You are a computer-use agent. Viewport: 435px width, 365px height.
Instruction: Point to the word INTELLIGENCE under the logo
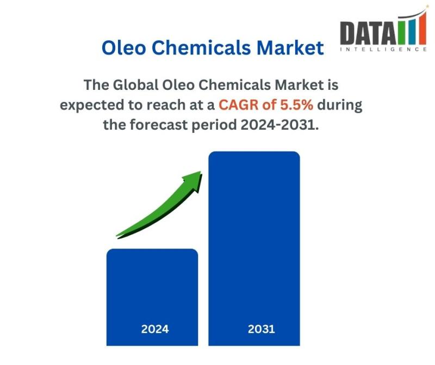point(383,50)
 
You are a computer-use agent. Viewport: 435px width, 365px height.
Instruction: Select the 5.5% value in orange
point(295,105)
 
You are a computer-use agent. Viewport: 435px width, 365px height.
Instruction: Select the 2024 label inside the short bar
point(155,329)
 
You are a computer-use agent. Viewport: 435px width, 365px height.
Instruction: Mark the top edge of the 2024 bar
point(152,250)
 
